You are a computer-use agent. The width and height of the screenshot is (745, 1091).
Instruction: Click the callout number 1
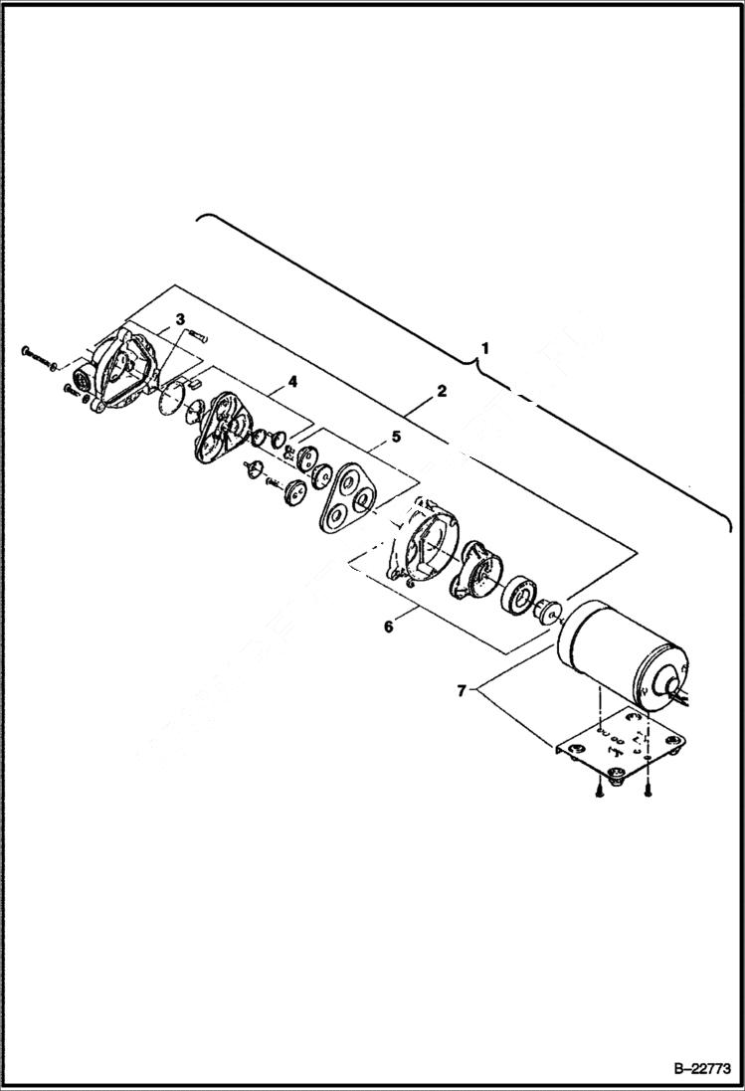coord(484,349)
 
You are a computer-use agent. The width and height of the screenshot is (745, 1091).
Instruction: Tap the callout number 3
coord(179,318)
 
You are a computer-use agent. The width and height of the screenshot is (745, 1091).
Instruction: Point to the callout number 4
coord(293,381)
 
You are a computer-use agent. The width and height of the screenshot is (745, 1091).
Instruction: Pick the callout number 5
coord(396,435)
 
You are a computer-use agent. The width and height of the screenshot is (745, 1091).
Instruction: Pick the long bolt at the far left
coord(40,355)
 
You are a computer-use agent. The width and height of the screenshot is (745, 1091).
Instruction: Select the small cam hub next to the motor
coord(546,610)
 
